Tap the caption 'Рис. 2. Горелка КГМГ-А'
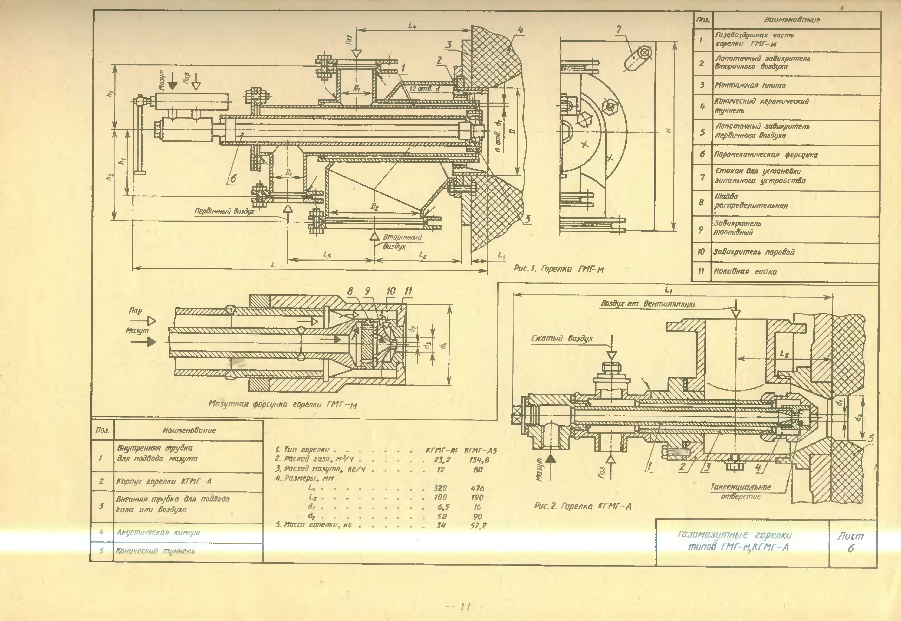(582, 506)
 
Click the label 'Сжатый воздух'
(562, 339)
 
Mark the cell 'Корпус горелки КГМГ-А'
(164, 481)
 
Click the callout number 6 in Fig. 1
(233, 178)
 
